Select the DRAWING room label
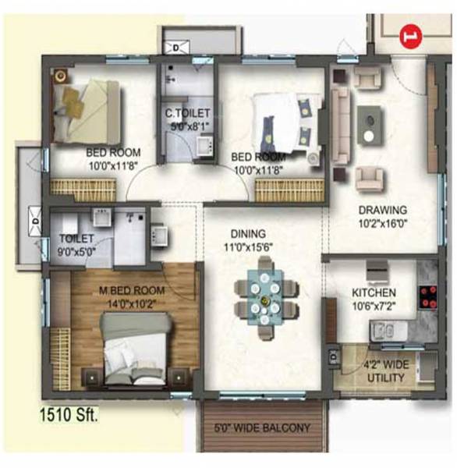tap(382, 210)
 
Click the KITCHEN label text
tap(374, 292)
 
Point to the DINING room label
tap(249, 233)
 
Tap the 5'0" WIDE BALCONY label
tap(263, 428)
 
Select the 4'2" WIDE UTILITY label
tap(386, 372)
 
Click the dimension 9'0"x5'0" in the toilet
tap(76, 250)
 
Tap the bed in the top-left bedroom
tap(87, 113)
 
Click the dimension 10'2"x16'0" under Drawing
tap(382, 223)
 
